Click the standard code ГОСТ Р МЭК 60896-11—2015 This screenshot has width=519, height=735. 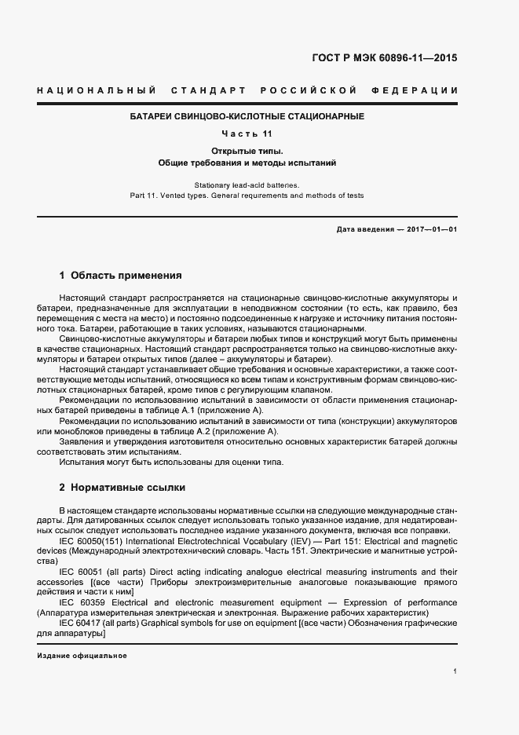click(x=384, y=58)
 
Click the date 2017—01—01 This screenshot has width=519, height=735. click(x=431, y=229)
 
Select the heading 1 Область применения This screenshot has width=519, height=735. click(x=121, y=276)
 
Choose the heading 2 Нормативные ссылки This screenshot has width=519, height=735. click(x=122, y=488)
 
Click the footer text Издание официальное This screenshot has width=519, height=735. click(x=82, y=655)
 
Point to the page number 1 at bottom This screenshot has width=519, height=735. click(x=455, y=671)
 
